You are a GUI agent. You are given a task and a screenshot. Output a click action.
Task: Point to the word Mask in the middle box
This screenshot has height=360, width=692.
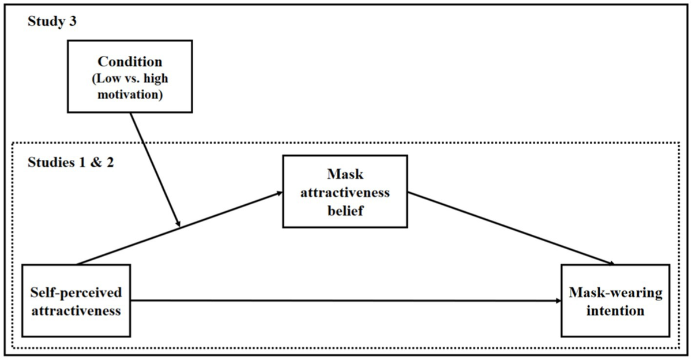coord(336,173)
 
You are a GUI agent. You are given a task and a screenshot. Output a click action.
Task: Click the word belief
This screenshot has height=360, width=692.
coord(336,211)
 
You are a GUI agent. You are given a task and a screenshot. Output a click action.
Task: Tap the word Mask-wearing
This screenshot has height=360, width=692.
coord(615,292)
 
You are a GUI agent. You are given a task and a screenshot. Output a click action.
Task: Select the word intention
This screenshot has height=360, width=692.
coord(615,311)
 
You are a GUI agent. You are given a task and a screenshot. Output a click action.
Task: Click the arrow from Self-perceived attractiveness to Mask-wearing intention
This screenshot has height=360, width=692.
coord(346,301)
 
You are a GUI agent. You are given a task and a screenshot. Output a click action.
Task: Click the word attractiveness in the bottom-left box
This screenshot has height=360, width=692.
coord(76,311)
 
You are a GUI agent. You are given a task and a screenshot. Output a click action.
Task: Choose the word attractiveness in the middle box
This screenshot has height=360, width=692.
coord(336,192)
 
